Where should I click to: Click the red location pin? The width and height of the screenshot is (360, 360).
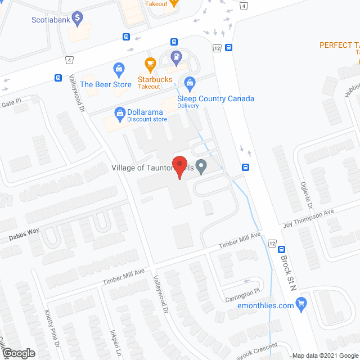(x=179, y=167)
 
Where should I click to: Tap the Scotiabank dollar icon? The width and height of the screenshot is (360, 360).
(x=78, y=19)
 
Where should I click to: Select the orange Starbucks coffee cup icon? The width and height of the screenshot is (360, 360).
(x=150, y=64)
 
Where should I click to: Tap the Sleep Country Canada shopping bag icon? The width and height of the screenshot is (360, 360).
(x=190, y=83)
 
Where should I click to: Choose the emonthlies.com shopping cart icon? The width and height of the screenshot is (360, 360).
(x=302, y=305)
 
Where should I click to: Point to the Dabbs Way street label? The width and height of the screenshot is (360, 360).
(x=24, y=235)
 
